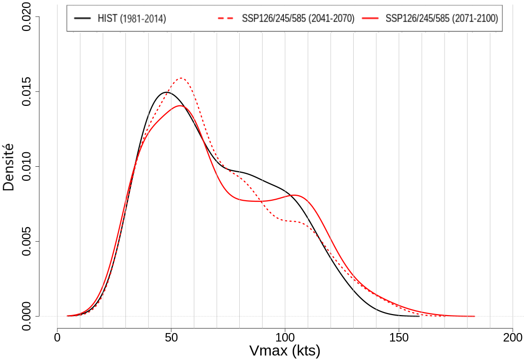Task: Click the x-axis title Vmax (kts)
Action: click(285, 351)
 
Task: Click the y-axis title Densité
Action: click(8, 167)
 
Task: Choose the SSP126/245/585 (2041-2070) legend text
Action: click(298, 19)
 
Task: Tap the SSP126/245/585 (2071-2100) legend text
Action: click(442, 19)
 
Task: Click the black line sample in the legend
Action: click(82, 18)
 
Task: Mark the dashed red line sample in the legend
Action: click(226, 18)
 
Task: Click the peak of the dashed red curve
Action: click(181, 78)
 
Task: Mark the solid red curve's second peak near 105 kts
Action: click(294, 195)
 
